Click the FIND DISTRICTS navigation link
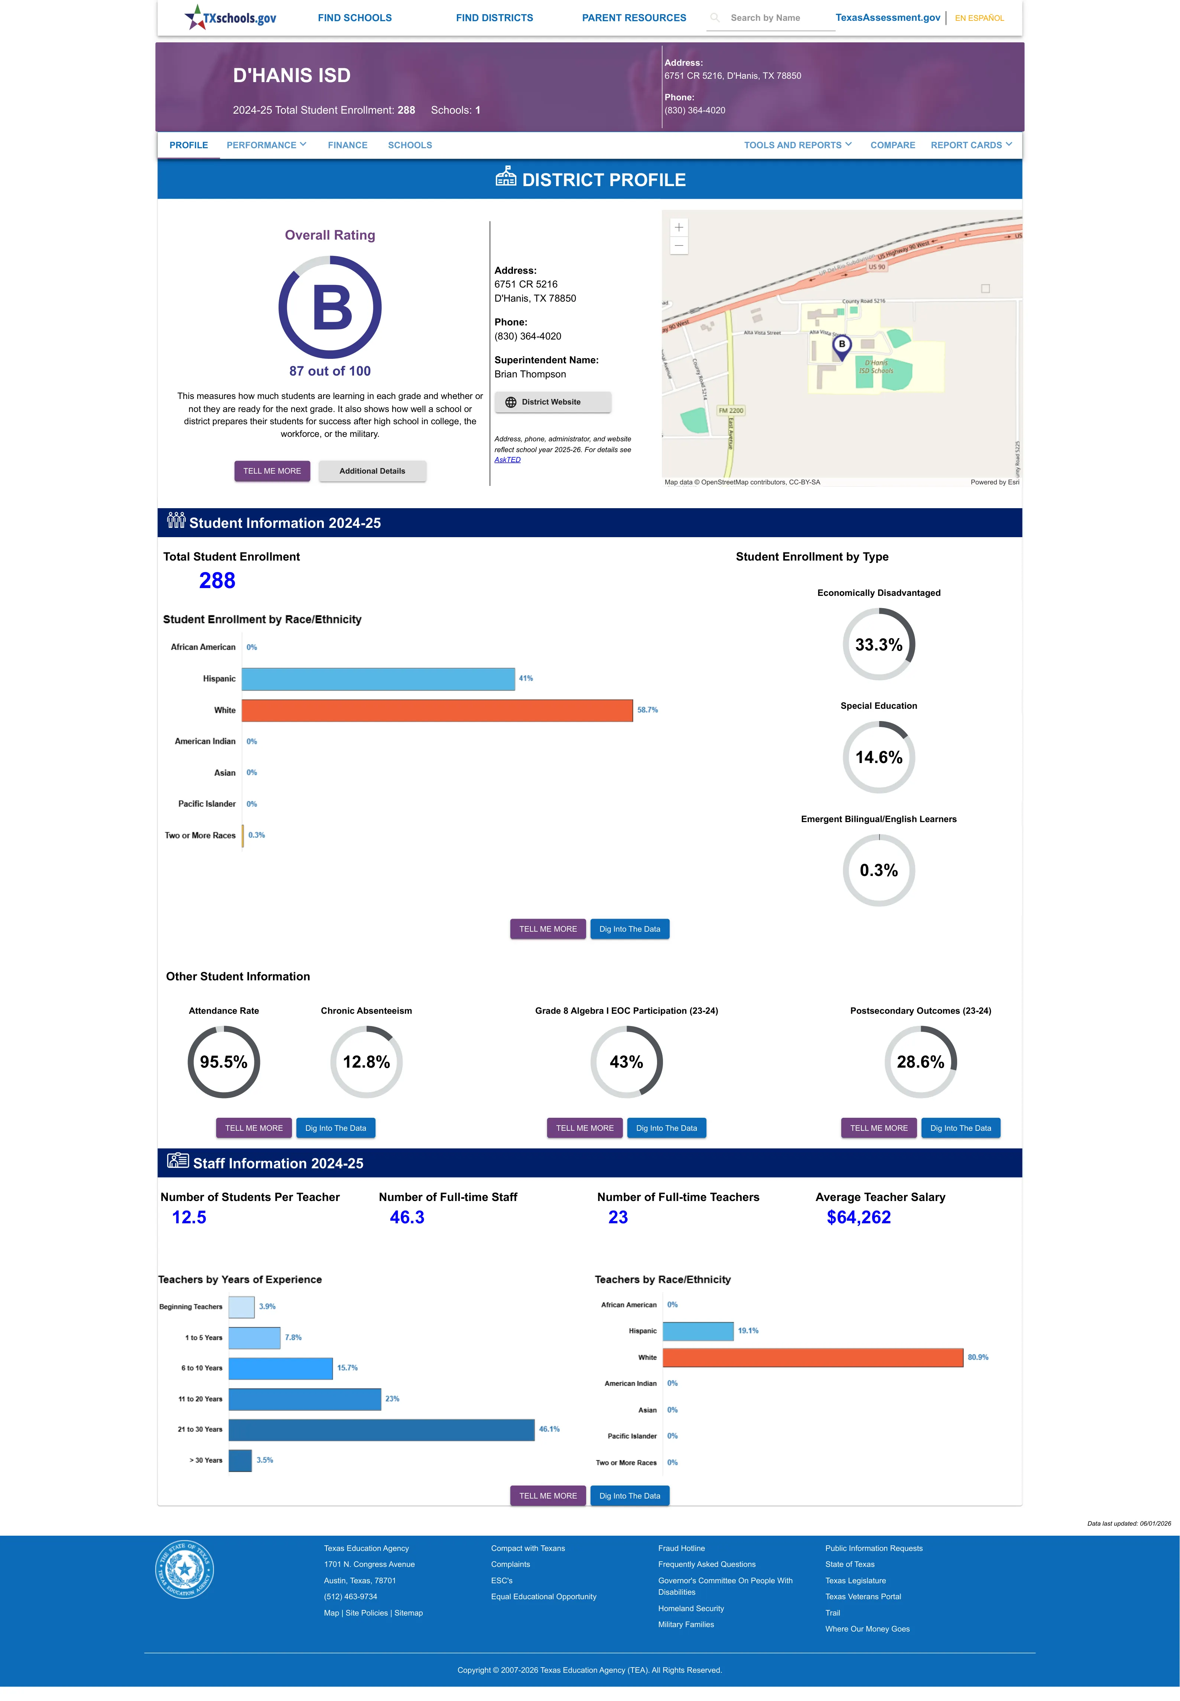point(494,18)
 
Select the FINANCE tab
point(348,145)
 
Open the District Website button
point(552,402)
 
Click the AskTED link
point(507,460)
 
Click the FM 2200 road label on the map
point(731,410)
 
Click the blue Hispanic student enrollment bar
point(378,679)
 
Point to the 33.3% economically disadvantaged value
point(878,645)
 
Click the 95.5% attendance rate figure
point(223,1062)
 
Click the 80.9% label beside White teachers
point(978,1357)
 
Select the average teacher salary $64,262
point(858,1218)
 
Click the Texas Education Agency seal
point(184,1569)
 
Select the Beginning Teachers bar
point(241,1307)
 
